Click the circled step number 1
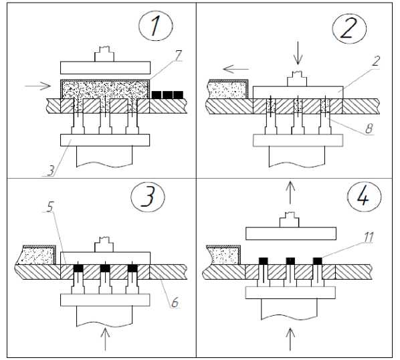click(156, 26)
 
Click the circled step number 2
click(348, 27)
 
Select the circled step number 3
click(148, 197)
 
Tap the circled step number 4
click(364, 197)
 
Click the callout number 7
click(179, 55)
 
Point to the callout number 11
click(369, 238)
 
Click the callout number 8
click(369, 128)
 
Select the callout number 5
click(50, 207)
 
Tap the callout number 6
click(175, 303)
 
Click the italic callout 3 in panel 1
click(52, 171)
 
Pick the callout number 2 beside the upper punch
click(377, 62)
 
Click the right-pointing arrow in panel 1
click(37, 86)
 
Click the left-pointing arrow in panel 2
click(235, 69)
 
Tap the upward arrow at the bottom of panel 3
click(105, 339)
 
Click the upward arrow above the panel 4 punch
click(290, 193)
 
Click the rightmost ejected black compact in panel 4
click(318, 261)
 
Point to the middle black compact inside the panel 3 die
click(105, 268)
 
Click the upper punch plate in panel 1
click(106, 68)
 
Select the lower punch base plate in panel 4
click(290, 292)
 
